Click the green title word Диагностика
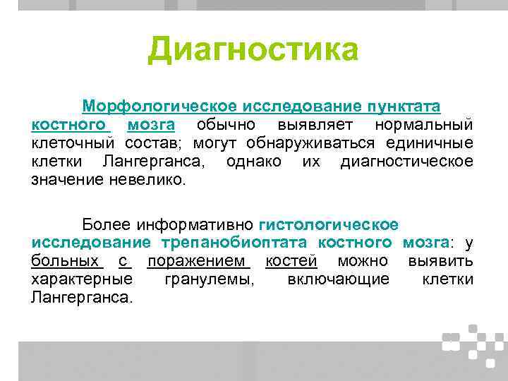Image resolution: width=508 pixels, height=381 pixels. click(x=253, y=50)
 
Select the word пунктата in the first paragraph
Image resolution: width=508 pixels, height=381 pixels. click(x=403, y=106)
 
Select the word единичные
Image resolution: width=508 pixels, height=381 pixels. click(x=430, y=143)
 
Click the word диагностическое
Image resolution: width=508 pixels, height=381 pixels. click(x=406, y=162)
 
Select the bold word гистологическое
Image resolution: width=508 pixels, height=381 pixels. click(x=329, y=224)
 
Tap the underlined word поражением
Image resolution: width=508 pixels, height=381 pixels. click(x=198, y=261)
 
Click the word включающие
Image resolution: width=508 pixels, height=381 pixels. click(x=338, y=279)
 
